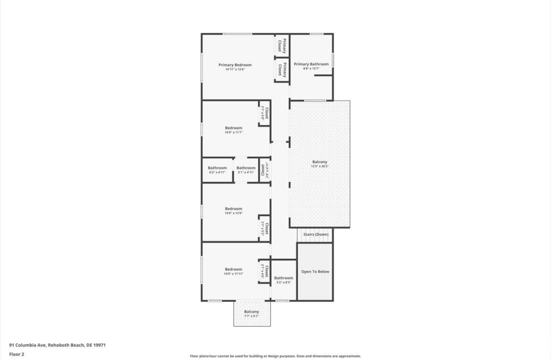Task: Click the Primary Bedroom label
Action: pos(235,65)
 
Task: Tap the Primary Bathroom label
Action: pos(311,65)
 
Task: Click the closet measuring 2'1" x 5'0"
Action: pos(265,114)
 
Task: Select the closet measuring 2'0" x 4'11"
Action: pos(264,170)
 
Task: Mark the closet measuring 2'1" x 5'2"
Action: pos(264,229)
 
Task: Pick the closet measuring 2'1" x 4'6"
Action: pos(264,271)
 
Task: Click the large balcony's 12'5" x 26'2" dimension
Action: pos(320,166)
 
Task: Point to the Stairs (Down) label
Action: pos(315,235)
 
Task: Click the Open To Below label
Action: pos(315,272)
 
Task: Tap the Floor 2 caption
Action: pos(17,354)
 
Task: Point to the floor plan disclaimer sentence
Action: pos(275,356)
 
